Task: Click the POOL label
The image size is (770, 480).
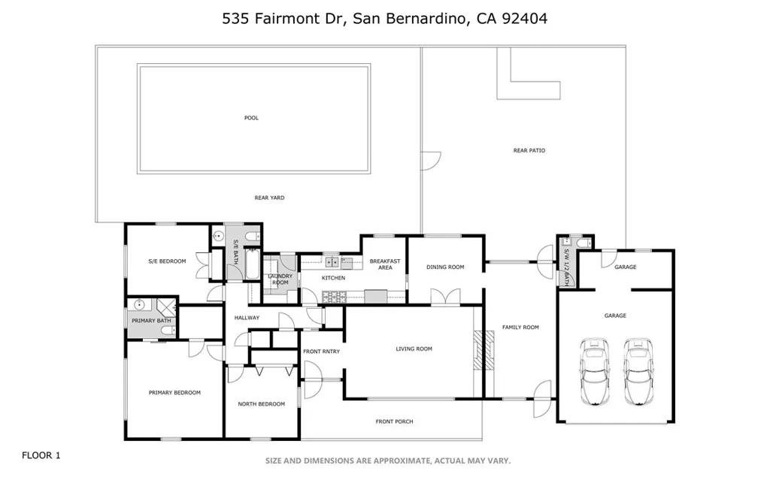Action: (x=251, y=118)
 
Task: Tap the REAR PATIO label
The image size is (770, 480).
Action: (x=529, y=151)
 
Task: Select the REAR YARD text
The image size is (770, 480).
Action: (x=269, y=198)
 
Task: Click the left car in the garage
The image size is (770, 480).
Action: (x=594, y=370)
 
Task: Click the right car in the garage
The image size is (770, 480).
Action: (x=638, y=370)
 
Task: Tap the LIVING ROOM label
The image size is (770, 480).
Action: (x=414, y=349)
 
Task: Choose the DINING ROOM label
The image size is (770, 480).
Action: (x=445, y=267)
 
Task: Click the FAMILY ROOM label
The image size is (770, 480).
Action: (x=521, y=327)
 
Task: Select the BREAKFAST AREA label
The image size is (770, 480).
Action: (x=384, y=264)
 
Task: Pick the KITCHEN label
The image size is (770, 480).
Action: (x=333, y=278)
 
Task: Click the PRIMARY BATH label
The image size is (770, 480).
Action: (x=151, y=321)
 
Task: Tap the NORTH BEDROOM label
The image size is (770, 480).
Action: (x=261, y=404)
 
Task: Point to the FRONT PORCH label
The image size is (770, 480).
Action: (x=394, y=421)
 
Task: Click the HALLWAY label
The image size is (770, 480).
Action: (x=247, y=318)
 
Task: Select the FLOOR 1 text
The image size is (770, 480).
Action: (x=41, y=455)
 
